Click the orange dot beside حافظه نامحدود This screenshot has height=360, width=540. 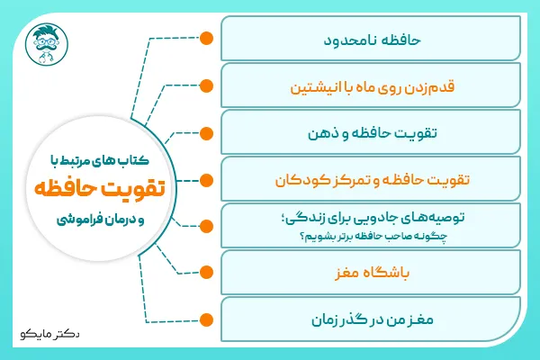pos(205,39)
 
